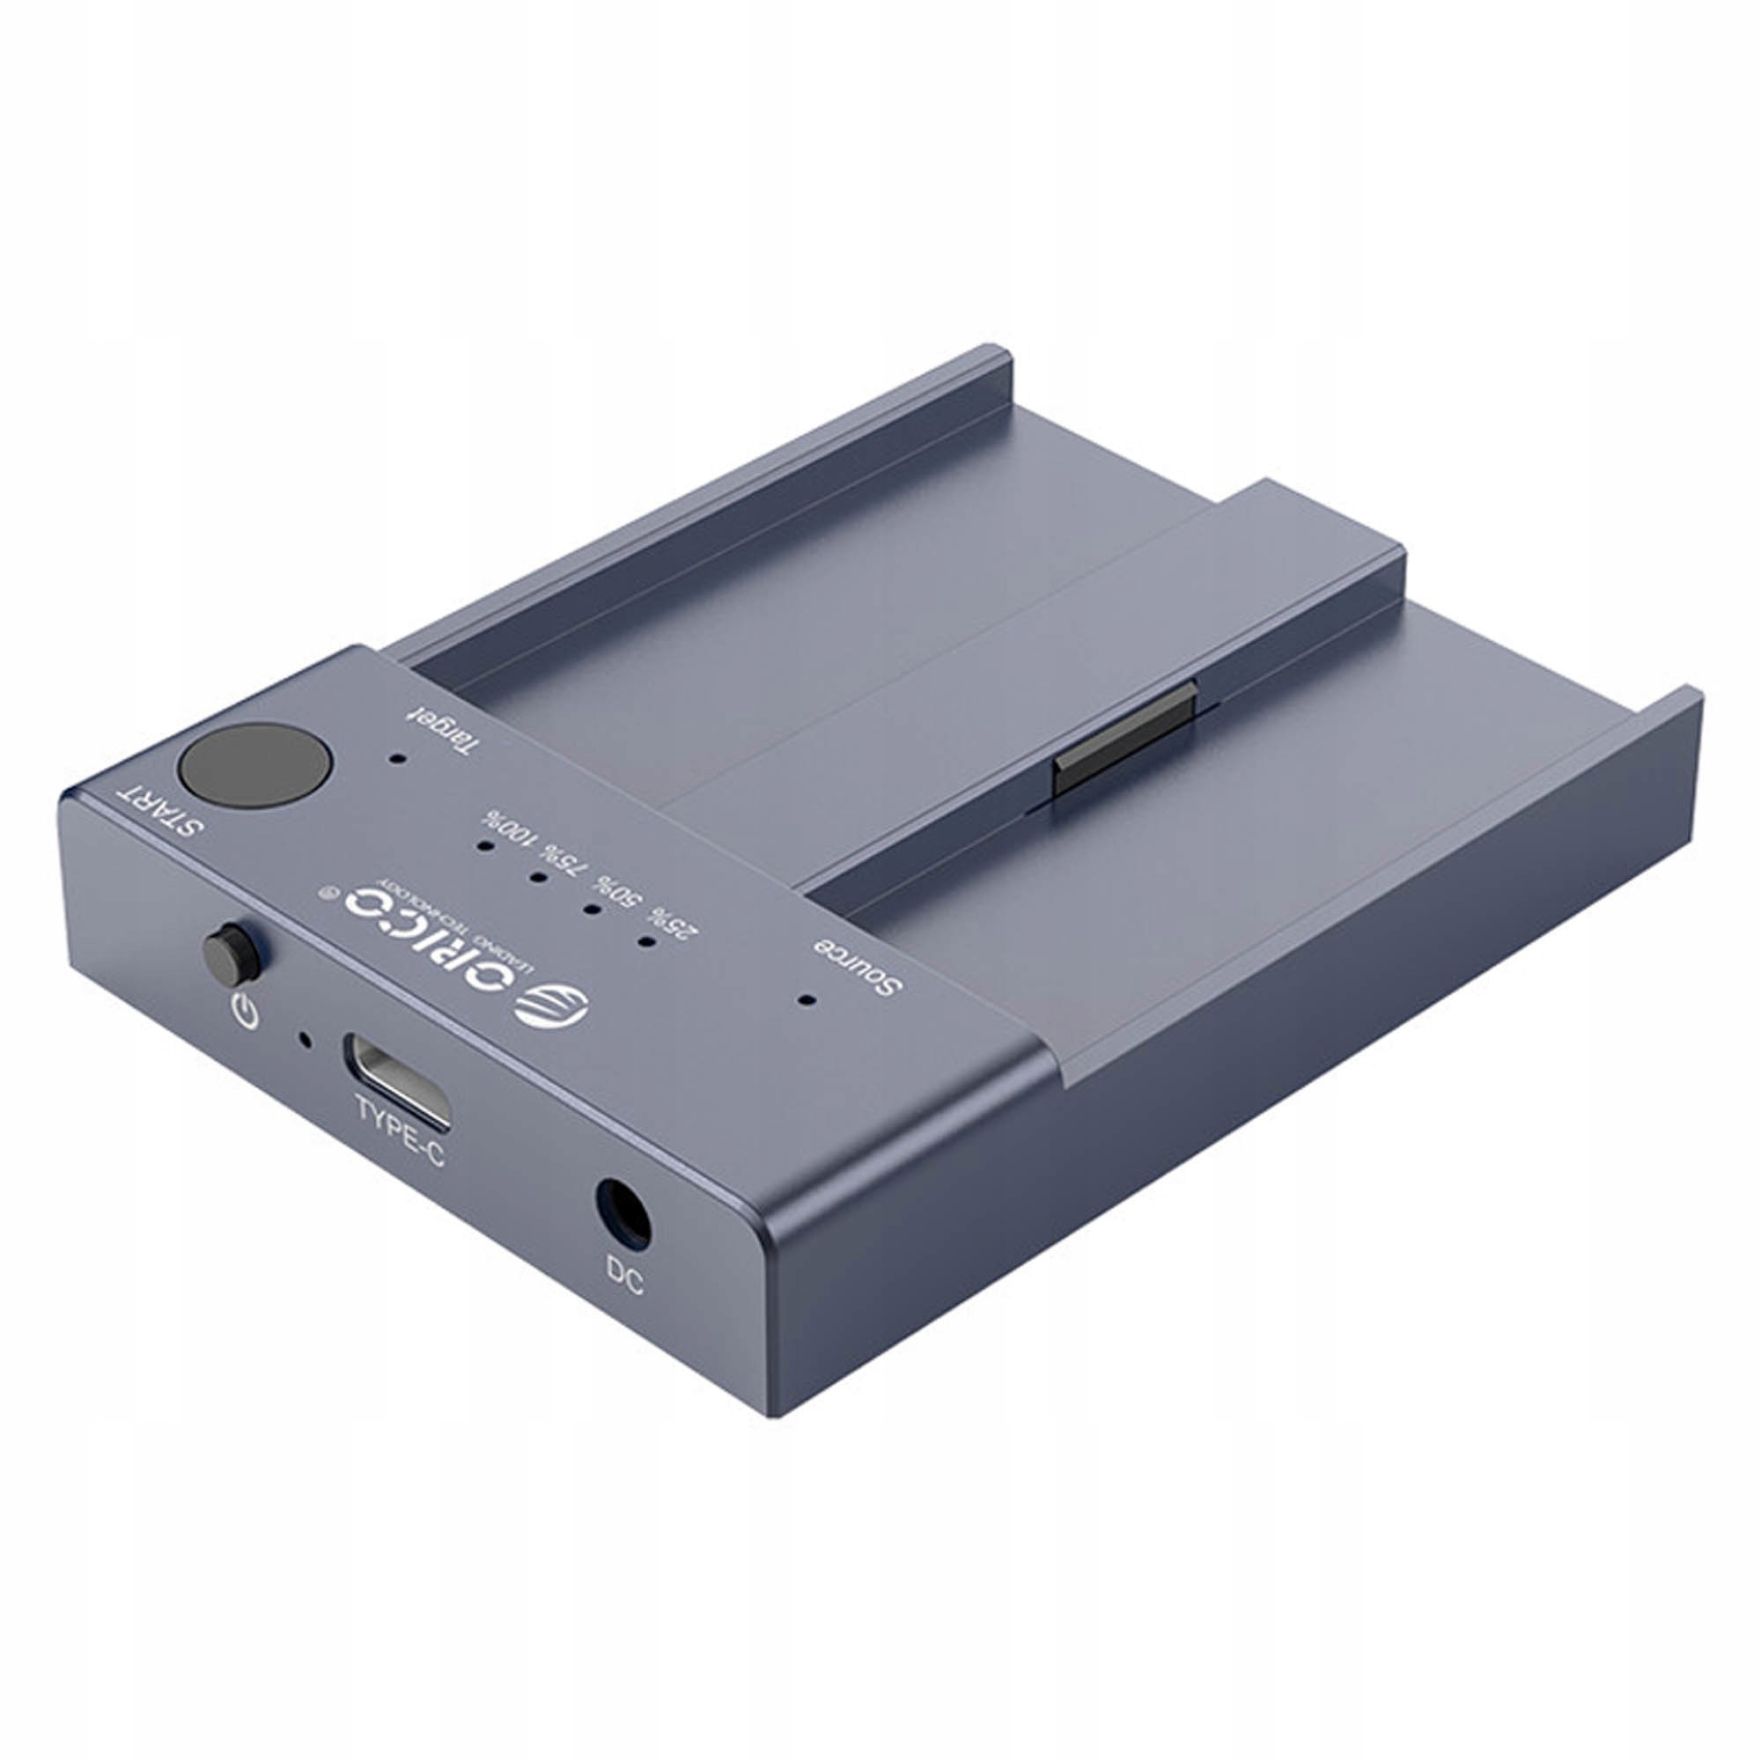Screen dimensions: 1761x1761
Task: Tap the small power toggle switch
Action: pyautogui.click(x=230, y=954)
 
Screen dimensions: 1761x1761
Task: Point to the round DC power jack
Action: pyautogui.click(x=623, y=1214)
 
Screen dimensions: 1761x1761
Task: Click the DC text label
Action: pyautogui.click(x=623, y=1276)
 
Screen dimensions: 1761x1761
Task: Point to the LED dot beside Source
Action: pyautogui.click(x=805, y=999)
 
